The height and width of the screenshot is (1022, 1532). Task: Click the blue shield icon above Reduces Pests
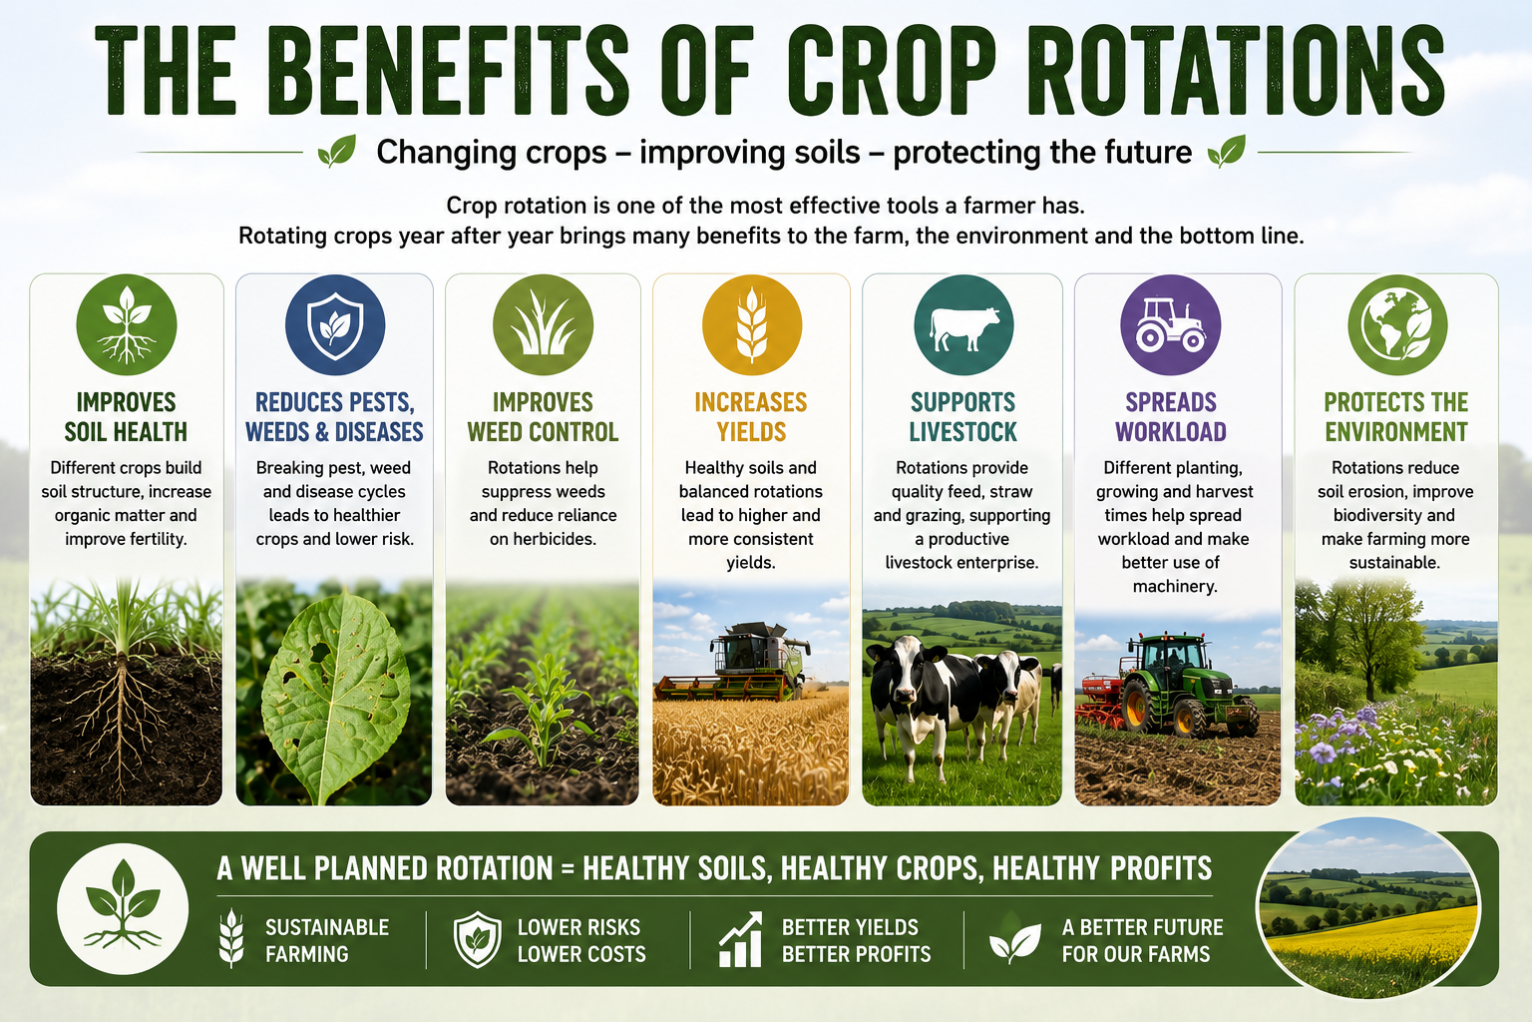point(335,324)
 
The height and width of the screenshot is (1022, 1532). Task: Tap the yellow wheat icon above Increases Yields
point(752,324)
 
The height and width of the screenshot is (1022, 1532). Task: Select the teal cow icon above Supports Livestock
point(963,324)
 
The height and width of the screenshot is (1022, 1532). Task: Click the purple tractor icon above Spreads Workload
point(1170,324)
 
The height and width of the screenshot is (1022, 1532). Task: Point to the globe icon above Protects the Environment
point(1397,324)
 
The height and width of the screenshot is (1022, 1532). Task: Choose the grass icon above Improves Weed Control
point(543,324)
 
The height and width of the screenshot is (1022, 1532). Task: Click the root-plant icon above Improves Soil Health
point(127,324)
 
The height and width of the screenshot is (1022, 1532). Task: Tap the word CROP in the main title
point(892,70)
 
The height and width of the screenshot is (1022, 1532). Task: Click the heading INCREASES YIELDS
point(751,417)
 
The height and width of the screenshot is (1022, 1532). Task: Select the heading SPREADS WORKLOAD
point(1171,417)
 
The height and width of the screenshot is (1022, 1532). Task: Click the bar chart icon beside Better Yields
point(741,939)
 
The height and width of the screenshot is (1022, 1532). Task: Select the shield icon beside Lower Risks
point(478,939)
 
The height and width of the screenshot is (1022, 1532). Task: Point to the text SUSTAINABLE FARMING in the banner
point(327,940)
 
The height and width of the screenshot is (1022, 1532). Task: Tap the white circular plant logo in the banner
point(123,909)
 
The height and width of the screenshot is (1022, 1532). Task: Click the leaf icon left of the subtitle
point(337,152)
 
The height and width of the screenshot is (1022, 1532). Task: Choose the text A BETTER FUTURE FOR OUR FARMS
point(1142,940)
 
